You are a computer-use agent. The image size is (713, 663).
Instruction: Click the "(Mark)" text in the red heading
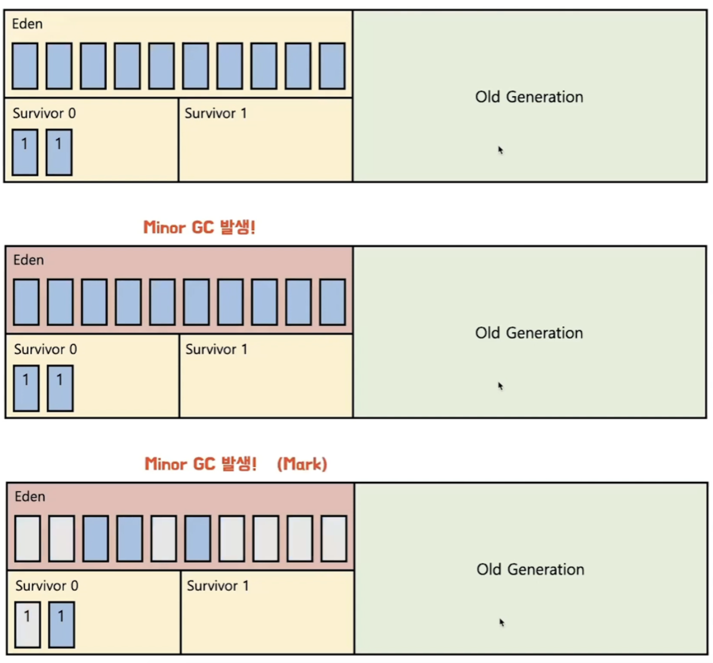[x=302, y=464]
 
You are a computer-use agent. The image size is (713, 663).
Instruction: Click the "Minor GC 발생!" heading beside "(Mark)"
[x=201, y=464]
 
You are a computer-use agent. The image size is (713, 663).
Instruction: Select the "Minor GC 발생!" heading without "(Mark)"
[x=199, y=228]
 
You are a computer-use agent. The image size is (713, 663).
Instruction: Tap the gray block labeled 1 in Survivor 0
[x=27, y=624]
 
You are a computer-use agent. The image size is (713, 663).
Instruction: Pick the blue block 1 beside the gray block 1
[x=62, y=624]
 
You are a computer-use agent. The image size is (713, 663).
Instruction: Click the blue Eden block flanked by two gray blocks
[x=198, y=538]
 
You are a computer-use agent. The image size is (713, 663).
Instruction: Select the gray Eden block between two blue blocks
[x=164, y=538]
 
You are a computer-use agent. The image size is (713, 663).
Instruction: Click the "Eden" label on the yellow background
[x=27, y=24]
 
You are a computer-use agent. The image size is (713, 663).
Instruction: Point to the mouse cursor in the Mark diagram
[x=502, y=622]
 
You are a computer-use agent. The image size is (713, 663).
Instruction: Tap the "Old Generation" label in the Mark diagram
[x=530, y=569]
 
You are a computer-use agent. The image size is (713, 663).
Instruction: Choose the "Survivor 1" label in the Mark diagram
[x=218, y=586]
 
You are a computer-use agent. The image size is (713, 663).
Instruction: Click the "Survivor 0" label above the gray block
[x=47, y=586]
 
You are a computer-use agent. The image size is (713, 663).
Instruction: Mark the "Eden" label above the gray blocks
[x=30, y=496]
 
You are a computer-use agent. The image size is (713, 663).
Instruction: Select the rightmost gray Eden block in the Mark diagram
[x=334, y=538]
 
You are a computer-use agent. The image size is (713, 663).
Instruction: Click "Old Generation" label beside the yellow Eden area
[x=529, y=97]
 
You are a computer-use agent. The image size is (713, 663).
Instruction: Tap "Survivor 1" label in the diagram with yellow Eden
[x=216, y=113]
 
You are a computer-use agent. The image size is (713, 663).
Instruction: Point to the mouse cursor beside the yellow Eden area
[x=500, y=150]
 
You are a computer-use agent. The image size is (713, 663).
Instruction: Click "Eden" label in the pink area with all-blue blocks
[x=29, y=260]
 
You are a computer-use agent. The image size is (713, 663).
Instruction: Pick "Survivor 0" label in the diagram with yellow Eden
[x=44, y=113]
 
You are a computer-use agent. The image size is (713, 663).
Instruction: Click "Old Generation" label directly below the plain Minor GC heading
[x=529, y=333]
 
